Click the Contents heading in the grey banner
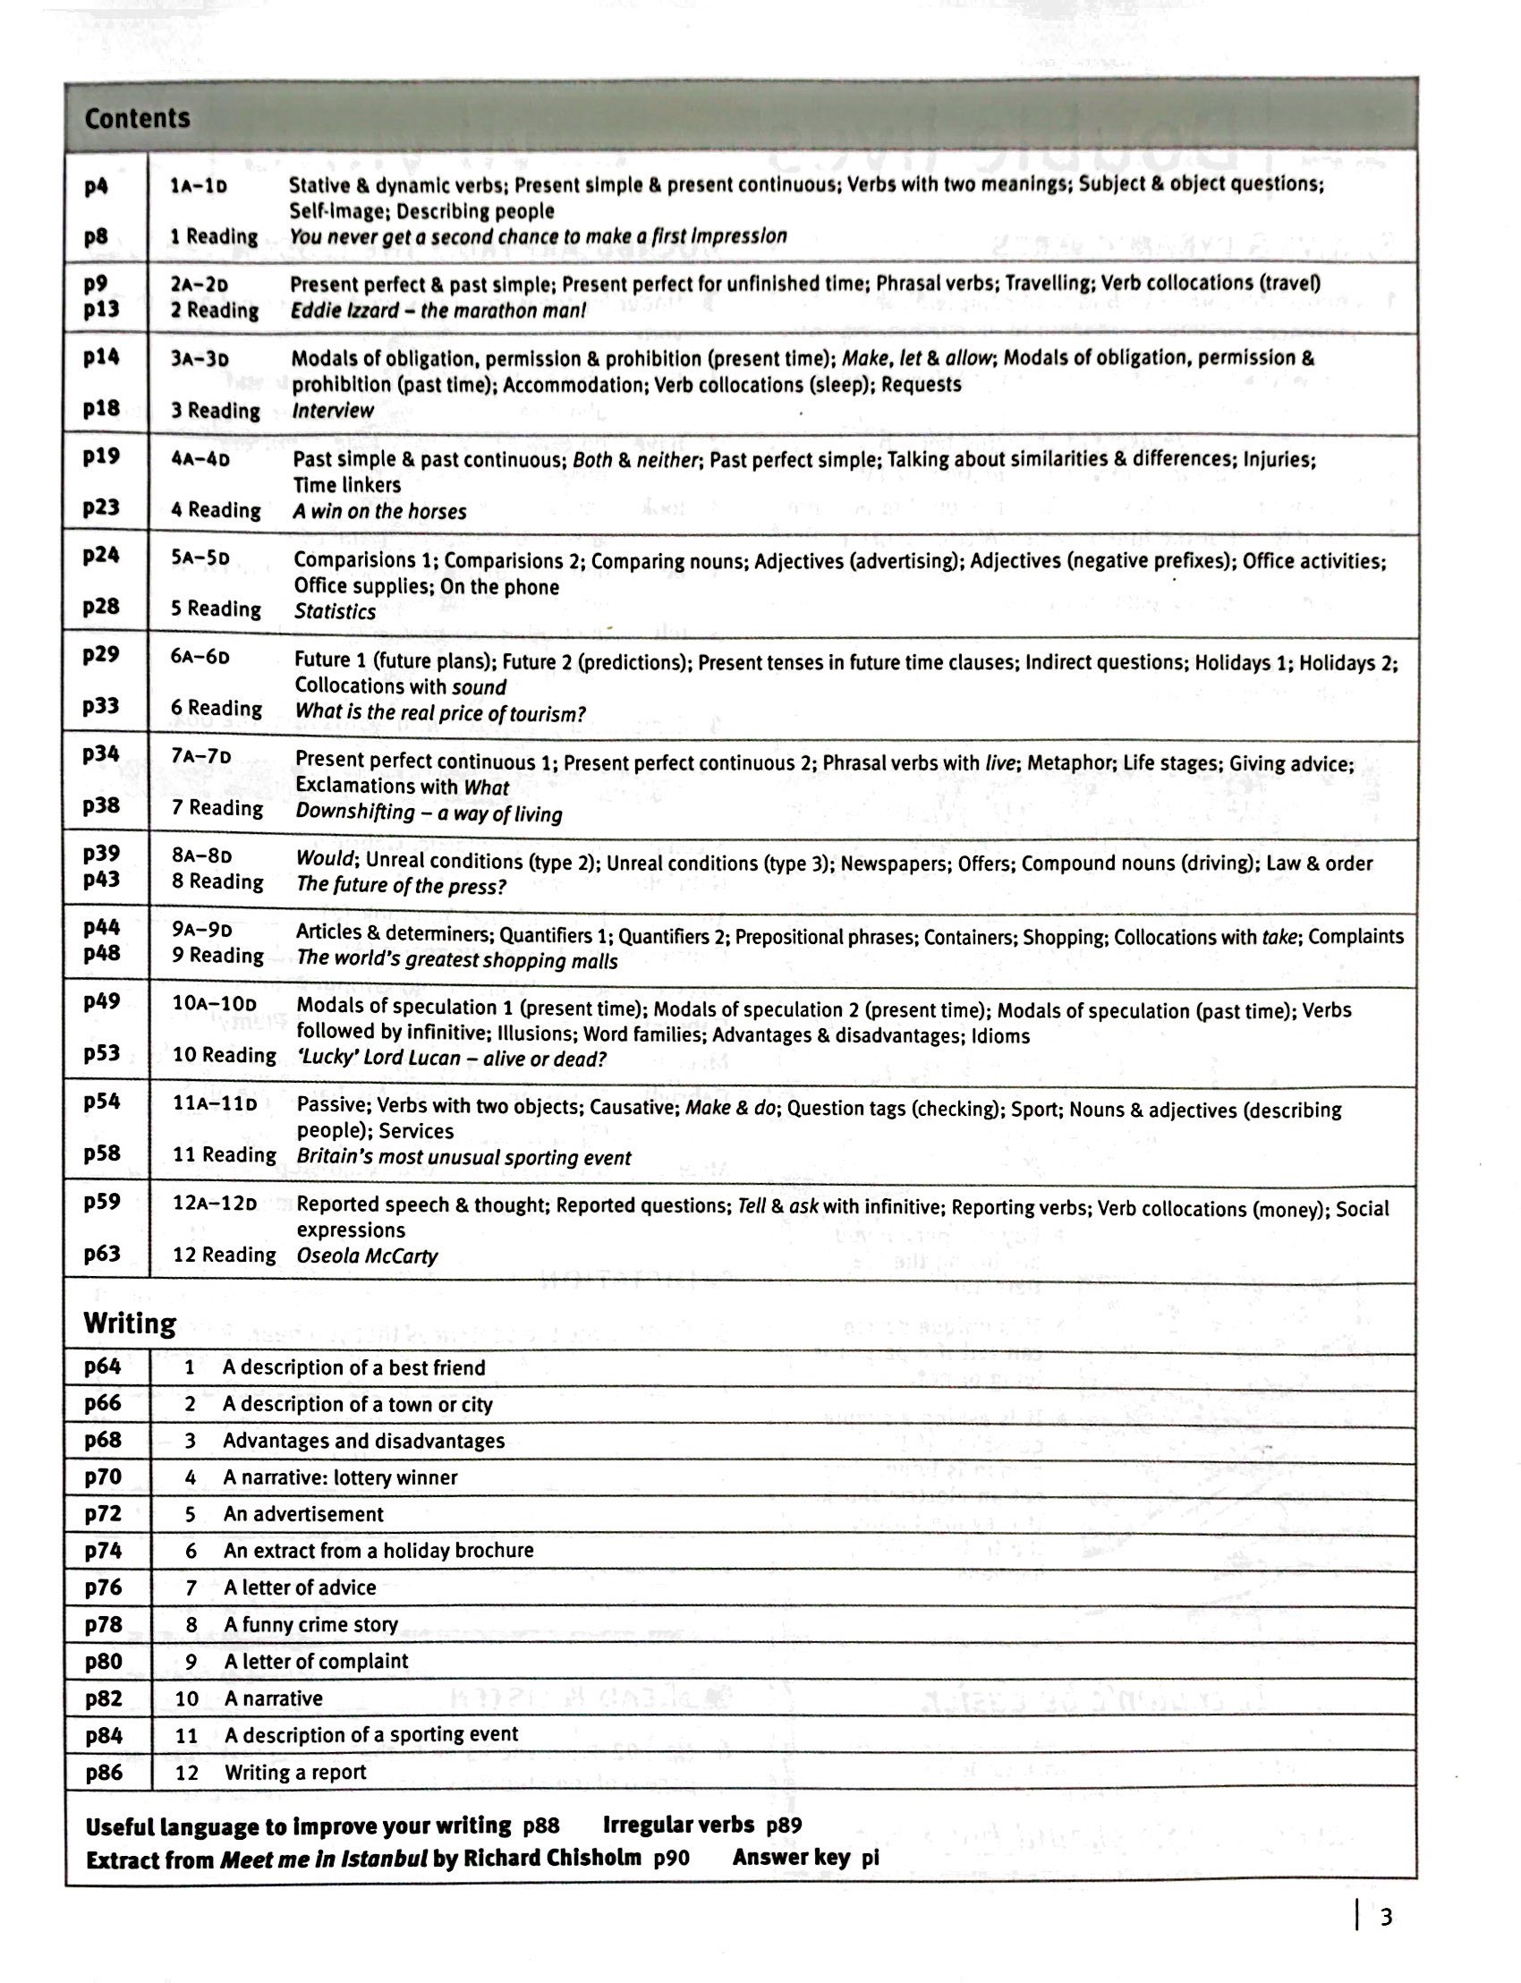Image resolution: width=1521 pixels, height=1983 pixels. pos(137,118)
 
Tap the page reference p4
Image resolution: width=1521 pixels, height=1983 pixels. pos(96,185)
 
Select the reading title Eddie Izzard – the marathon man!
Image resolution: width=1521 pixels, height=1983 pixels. pos(438,311)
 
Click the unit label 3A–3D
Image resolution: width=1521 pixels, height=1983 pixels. pos(200,359)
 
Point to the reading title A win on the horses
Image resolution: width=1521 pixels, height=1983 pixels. pos(379,512)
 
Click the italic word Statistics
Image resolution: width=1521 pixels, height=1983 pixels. pos(334,611)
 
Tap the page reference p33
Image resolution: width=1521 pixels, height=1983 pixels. pos(100,705)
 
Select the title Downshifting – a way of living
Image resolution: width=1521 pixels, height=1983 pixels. pos(429,813)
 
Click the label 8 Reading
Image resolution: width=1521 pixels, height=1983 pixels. pos(217,881)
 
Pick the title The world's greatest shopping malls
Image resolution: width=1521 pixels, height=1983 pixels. pos(456,961)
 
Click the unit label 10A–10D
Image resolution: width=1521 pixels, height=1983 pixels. pos(215,1003)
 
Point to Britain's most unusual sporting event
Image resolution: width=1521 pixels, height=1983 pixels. pos(463,1157)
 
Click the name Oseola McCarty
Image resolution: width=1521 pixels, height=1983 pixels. pos(367,1255)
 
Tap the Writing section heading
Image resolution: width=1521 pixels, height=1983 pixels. pos(130,1323)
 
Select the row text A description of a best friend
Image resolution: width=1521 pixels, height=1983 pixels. pos(354,1367)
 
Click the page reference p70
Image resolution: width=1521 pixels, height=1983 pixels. pos(102,1477)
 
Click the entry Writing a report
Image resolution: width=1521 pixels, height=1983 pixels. pos(295,1772)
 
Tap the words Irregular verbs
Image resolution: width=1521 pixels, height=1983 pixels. pos(678,1825)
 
